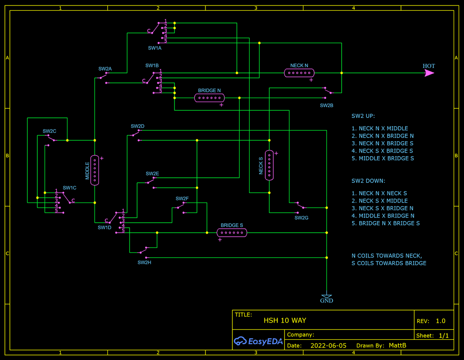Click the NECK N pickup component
coord(299,72)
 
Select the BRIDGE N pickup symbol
coord(209,98)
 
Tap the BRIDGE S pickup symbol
coord(232,233)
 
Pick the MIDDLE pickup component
coord(94,170)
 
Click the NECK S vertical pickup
coord(269,165)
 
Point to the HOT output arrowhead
coord(429,72)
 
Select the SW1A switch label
coord(155,48)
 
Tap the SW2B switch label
coord(326,105)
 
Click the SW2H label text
coord(144,262)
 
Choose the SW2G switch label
coord(301,218)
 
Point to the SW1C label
coord(69,188)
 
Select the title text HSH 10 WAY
coord(285,320)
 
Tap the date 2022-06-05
coord(328,346)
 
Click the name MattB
coord(397,346)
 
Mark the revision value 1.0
coord(440,321)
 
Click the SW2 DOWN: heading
coord(368,180)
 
